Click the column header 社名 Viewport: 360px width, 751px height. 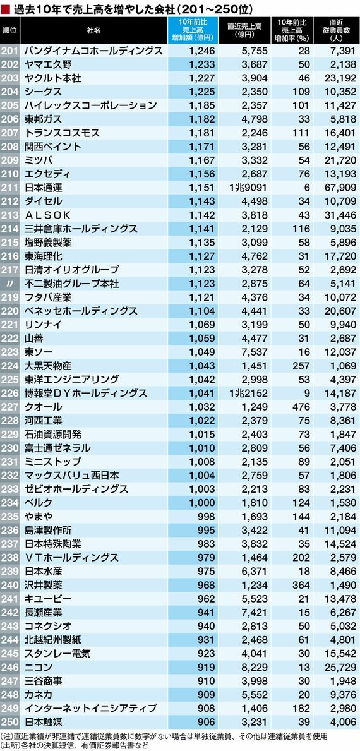click(x=94, y=30)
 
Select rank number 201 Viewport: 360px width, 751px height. click(x=10, y=50)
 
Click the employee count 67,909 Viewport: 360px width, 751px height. click(x=340, y=187)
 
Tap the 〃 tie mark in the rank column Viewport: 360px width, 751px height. click(x=10, y=283)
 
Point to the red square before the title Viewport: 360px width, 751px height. click(x=6, y=9)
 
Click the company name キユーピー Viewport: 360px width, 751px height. click(x=48, y=599)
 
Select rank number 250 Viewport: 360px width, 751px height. click(x=10, y=723)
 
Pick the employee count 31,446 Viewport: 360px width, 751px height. click(x=340, y=214)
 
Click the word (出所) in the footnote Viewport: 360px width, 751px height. click(x=9, y=745)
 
